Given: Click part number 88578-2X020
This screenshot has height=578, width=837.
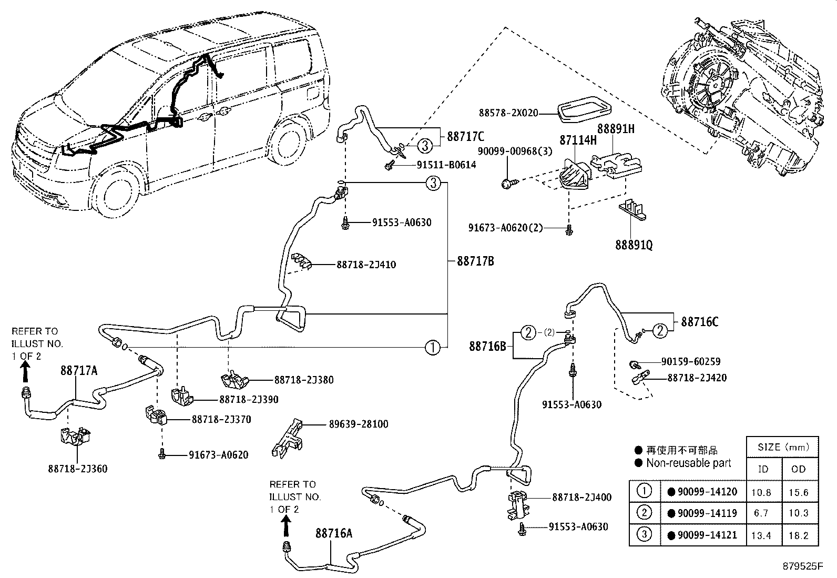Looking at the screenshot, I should click(508, 113).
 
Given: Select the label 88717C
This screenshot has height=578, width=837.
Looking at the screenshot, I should click(465, 137).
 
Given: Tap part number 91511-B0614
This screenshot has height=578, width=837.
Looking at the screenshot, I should click(446, 165).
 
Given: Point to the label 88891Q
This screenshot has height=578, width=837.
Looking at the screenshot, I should click(634, 246).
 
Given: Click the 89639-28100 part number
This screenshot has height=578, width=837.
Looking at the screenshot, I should click(359, 424).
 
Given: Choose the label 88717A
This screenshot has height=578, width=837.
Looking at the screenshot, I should click(79, 370).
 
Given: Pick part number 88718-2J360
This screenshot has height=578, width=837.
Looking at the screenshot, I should click(77, 469).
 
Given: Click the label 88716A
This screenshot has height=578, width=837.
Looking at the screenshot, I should click(334, 533).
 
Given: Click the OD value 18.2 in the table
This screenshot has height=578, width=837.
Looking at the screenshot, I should click(799, 535).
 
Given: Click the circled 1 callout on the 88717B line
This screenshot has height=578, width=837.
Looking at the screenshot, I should click(432, 347).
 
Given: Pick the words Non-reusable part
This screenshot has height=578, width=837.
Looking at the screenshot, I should click(689, 463).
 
